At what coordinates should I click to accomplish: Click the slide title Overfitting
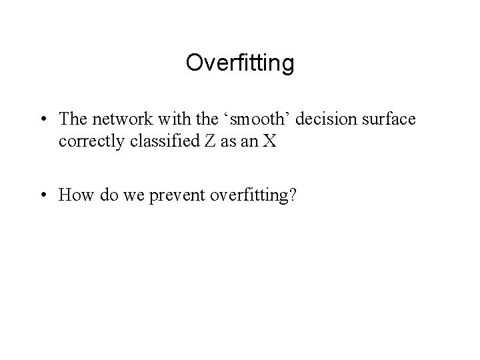[240, 63]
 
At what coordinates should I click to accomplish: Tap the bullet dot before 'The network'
[42, 120]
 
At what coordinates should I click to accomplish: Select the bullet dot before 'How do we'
[42, 195]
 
